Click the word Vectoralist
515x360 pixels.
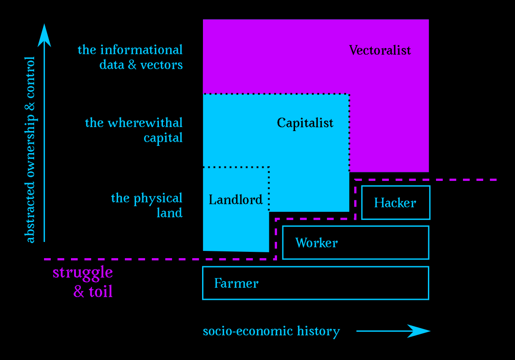click(380, 50)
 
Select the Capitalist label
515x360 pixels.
click(305, 123)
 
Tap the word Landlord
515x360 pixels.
click(235, 199)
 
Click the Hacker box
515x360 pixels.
click(396, 202)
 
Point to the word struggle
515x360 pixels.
click(83, 273)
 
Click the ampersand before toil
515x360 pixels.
click(79, 292)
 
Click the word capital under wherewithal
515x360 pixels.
click(163, 137)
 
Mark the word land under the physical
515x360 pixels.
click(169, 212)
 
